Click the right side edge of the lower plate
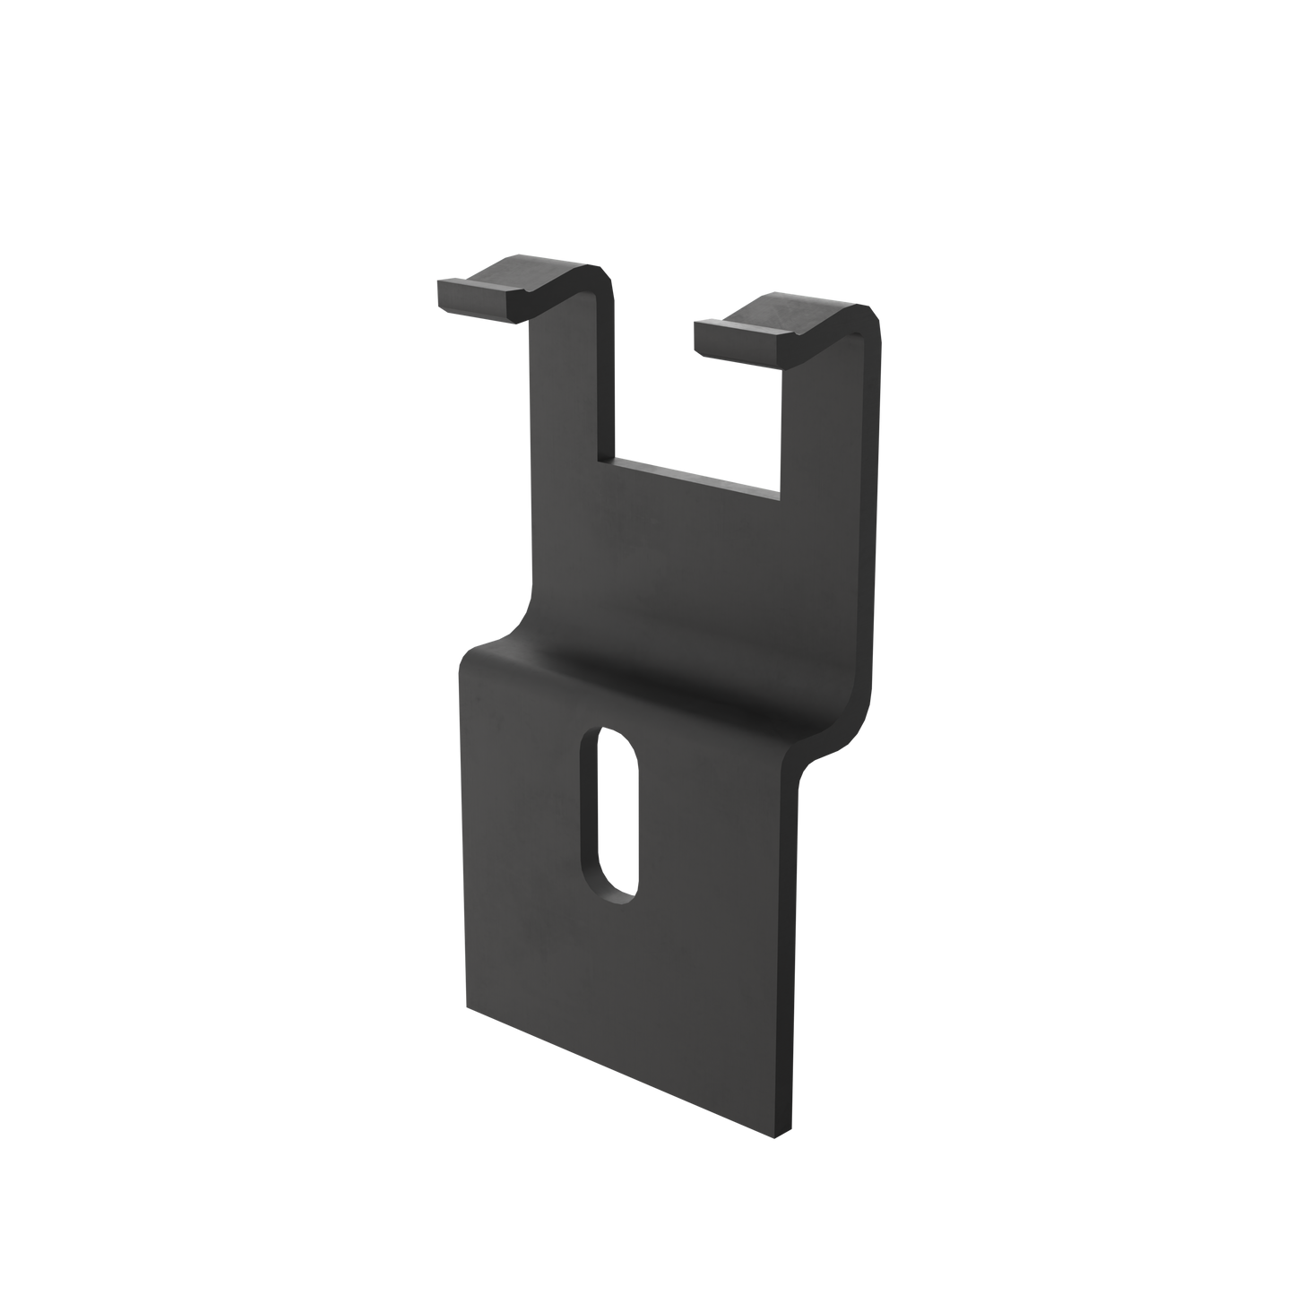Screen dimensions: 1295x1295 [794, 941]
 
